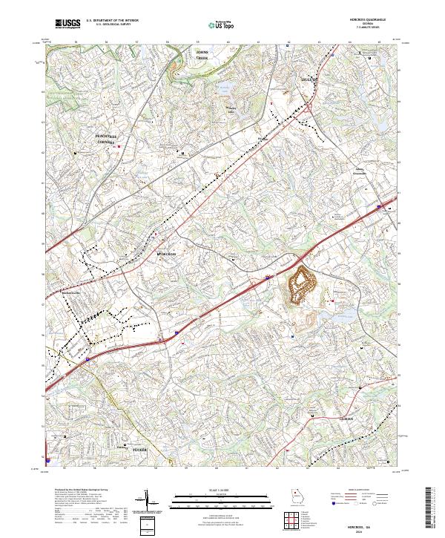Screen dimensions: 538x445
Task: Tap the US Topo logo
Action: pyautogui.click(x=216, y=24)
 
